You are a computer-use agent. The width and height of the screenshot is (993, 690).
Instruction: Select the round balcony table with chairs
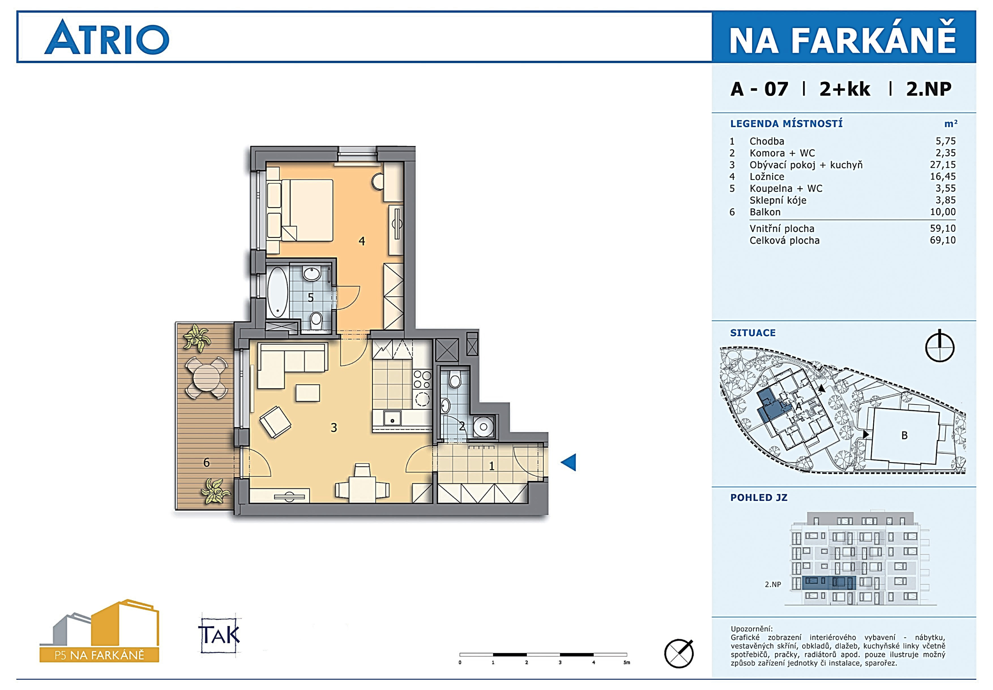[206, 377]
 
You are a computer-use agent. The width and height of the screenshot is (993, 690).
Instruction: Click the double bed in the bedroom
[307, 210]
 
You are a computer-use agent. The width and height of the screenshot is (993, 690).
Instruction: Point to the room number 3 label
[334, 428]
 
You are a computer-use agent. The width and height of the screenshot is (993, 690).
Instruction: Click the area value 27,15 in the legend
[943, 165]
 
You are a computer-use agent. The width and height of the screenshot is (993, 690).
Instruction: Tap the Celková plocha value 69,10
[943, 240]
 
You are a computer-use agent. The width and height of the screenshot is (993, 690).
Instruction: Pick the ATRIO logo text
[107, 37]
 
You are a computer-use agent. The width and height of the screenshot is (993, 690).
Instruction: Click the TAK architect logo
[219, 635]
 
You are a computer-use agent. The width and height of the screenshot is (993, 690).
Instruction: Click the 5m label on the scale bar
[627, 662]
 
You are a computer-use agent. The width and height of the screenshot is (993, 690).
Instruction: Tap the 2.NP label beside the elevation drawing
[773, 585]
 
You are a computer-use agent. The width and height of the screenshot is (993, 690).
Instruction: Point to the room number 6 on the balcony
[207, 462]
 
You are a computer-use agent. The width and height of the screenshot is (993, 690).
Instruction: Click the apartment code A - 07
[759, 89]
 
